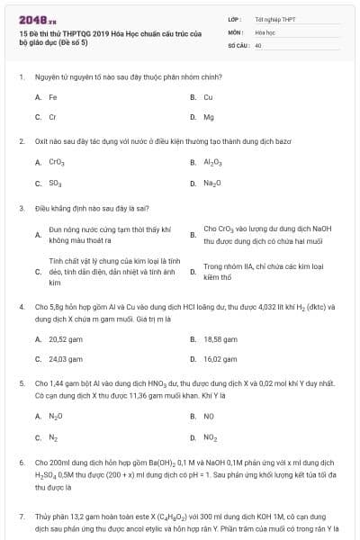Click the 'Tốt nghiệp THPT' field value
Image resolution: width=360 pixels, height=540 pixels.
[274, 19]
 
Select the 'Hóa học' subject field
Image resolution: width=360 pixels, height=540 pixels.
[265, 31]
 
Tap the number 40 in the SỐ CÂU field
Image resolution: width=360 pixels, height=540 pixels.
[258, 44]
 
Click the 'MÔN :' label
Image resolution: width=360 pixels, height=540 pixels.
[235, 31]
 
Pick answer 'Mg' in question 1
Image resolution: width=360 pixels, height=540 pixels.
[209, 117]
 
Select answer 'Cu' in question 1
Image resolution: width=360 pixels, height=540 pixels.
[208, 96]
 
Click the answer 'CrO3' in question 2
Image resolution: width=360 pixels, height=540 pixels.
[57, 162]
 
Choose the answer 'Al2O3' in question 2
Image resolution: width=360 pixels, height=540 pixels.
[212, 162]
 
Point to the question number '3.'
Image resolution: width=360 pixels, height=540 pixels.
[21, 207]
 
